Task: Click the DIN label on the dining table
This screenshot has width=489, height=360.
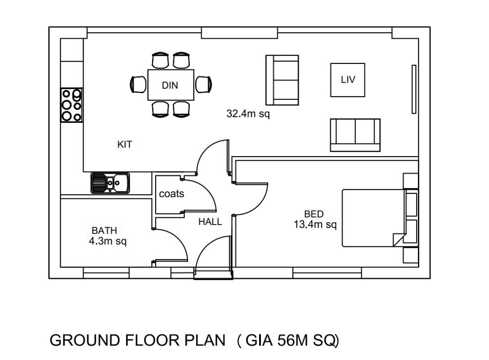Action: [x=170, y=85]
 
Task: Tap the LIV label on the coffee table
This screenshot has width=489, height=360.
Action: [x=348, y=80]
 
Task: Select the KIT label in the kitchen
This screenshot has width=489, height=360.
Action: [x=125, y=144]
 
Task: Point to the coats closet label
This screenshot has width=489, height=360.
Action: [x=171, y=194]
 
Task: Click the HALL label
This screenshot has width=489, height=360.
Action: [x=210, y=222]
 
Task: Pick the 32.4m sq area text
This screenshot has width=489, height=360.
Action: [x=248, y=113]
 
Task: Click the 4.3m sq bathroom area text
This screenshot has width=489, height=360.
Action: [x=108, y=241]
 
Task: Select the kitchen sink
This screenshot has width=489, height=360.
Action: [x=110, y=183]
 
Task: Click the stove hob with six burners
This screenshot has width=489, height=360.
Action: [x=72, y=105]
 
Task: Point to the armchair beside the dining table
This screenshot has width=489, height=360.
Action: [x=282, y=80]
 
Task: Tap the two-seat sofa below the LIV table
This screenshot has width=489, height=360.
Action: [x=355, y=135]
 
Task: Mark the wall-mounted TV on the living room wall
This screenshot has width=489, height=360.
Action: [x=414, y=89]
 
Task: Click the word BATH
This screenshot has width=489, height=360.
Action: [x=104, y=230]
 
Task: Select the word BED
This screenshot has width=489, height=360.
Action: [x=314, y=214]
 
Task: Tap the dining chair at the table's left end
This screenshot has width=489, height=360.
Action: [x=138, y=85]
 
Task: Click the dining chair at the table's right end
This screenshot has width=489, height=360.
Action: [x=204, y=85]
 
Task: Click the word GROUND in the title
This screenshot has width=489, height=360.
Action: [x=85, y=340]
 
